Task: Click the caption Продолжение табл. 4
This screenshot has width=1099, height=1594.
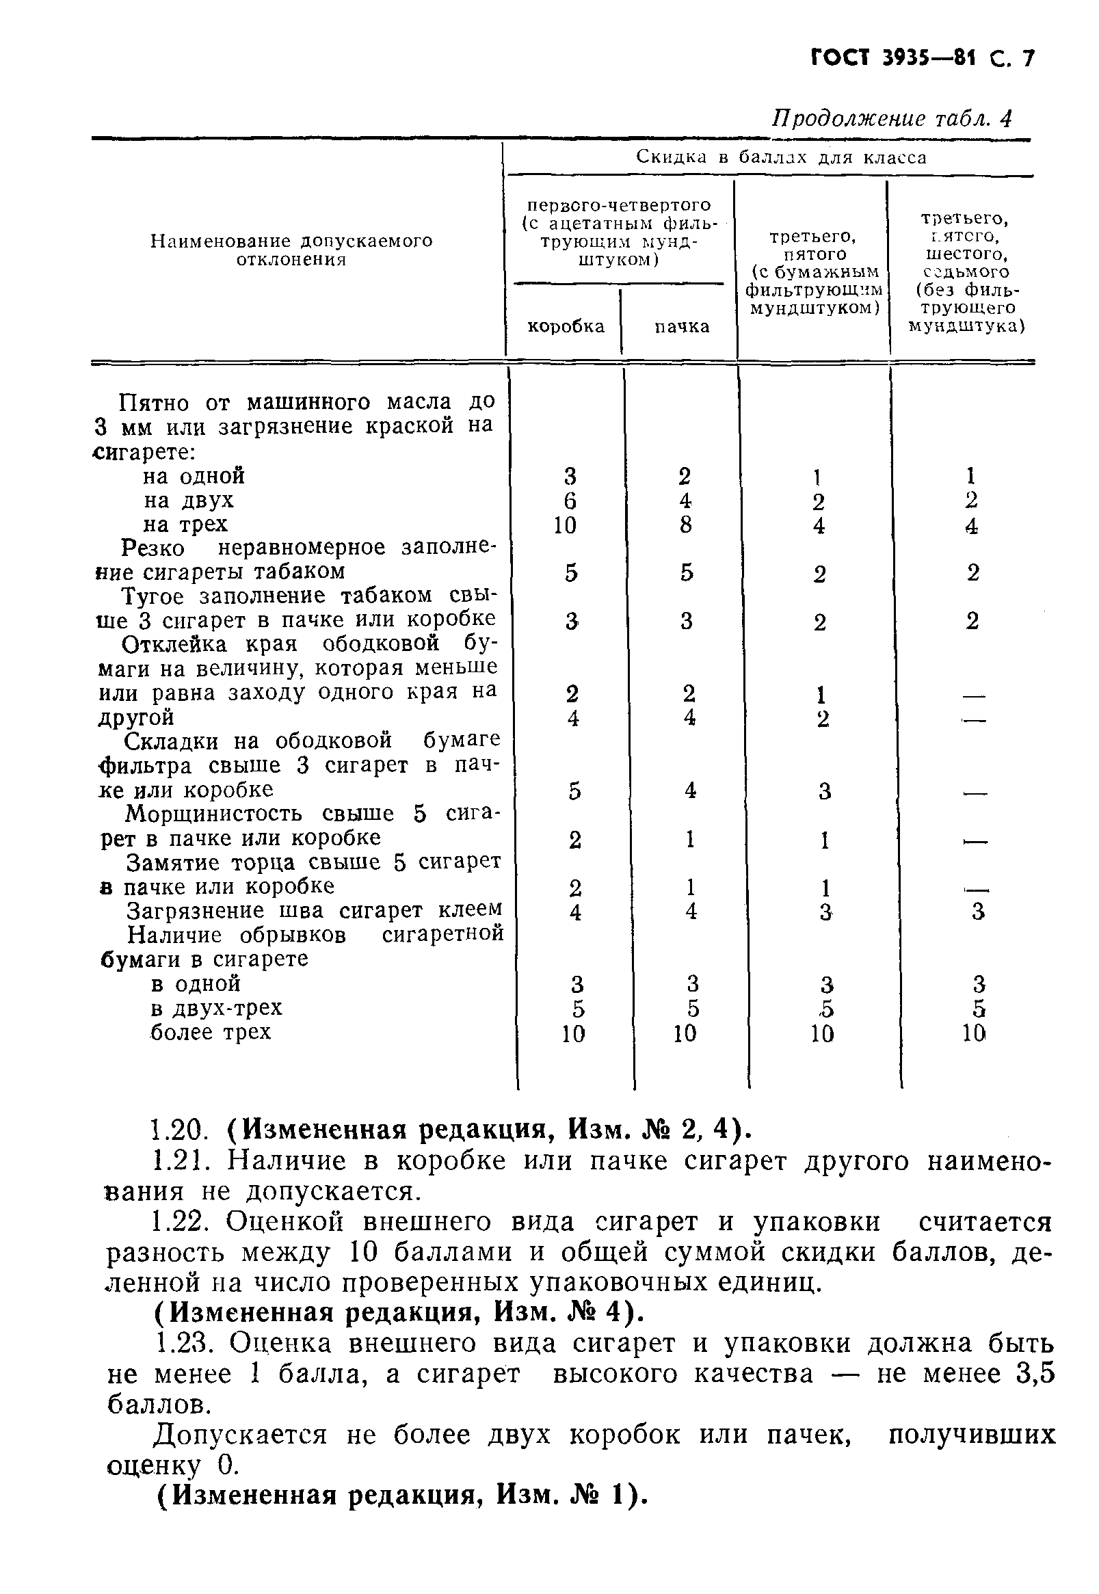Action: [891, 119]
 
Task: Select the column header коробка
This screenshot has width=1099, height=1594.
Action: [566, 326]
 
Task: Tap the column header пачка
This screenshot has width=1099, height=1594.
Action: [681, 326]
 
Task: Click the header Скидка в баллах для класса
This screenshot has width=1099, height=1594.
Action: [781, 158]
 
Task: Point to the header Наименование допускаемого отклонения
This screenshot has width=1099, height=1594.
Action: [291, 250]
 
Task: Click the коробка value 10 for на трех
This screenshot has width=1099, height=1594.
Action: [564, 525]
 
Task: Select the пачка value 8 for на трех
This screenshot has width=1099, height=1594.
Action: [685, 525]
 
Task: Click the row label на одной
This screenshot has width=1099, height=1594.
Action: [194, 477]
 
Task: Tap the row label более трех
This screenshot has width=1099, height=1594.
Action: [211, 1032]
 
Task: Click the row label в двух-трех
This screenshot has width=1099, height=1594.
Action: [216, 1008]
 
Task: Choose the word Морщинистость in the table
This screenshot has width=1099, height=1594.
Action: [213, 814]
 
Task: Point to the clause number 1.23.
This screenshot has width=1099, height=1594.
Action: [185, 1343]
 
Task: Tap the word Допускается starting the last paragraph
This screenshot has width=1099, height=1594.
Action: [239, 1435]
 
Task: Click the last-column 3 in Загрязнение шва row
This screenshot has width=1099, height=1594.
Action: [978, 912]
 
